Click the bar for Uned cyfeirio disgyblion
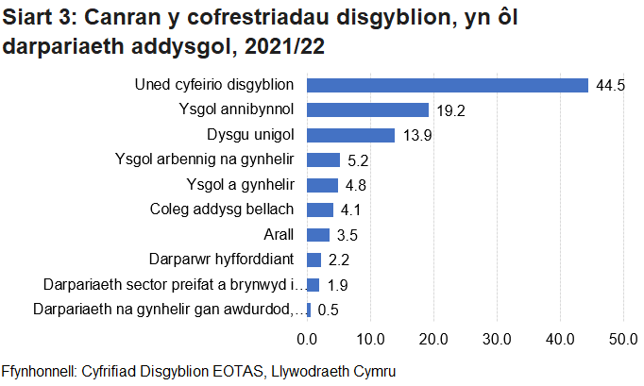coord(448,85)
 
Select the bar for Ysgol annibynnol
coord(368,109)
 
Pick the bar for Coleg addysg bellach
coord(320,210)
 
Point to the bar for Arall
coord(318,234)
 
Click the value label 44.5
coord(610,86)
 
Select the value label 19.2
coord(450,110)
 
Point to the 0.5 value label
coord(328,310)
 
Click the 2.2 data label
coord(338,260)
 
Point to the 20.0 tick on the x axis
coord(433,339)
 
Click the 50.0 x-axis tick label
coord(623,339)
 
